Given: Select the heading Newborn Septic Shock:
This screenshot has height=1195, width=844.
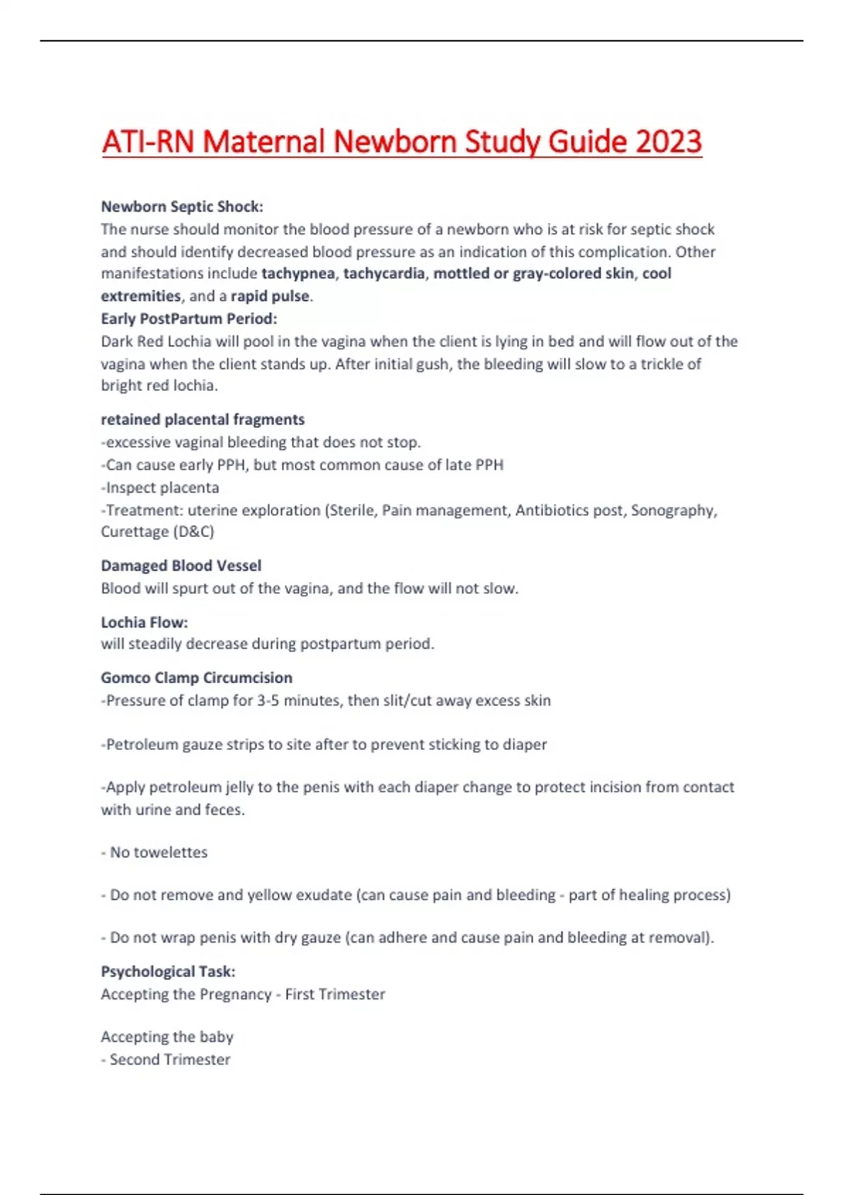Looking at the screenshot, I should pyautogui.click(x=182, y=207).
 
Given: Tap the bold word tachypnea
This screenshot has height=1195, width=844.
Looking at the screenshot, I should pyautogui.click(x=298, y=273).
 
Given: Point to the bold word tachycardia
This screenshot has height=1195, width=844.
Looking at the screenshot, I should pyautogui.click(x=384, y=273).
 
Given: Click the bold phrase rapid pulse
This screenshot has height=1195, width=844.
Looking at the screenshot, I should pyautogui.click(x=270, y=296).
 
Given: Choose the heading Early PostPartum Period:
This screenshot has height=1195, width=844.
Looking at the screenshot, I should pyautogui.click(x=189, y=318).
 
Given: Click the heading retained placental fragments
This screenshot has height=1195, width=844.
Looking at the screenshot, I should pyautogui.click(x=203, y=420).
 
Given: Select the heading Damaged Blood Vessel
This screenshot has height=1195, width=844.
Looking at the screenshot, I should pyautogui.click(x=181, y=566).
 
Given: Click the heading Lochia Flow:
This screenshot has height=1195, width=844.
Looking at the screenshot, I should pyautogui.click(x=144, y=622).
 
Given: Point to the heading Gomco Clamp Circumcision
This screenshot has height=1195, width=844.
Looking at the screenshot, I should pyautogui.click(x=196, y=678).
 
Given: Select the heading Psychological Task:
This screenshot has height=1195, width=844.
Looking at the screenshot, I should pyautogui.click(x=168, y=971).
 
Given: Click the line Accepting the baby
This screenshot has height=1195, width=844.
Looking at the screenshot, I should pyautogui.click(x=167, y=1037).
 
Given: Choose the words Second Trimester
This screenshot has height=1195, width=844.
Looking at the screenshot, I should pyautogui.click(x=170, y=1059).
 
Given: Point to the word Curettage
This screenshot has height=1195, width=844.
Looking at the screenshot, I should pyautogui.click(x=134, y=531).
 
